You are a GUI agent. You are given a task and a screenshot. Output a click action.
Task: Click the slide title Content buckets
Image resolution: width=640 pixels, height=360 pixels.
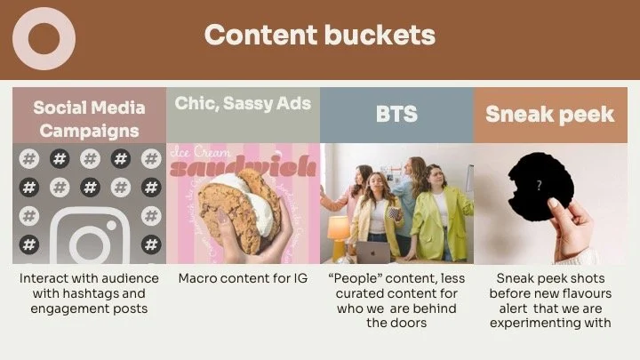(x=319, y=35)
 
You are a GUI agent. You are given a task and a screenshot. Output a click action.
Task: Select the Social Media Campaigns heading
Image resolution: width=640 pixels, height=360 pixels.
(x=89, y=119)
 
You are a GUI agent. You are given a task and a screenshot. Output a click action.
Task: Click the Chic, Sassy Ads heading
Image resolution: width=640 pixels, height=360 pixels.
(x=243, y=103)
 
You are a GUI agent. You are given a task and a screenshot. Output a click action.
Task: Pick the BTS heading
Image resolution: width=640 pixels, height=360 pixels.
(x=396, y=115)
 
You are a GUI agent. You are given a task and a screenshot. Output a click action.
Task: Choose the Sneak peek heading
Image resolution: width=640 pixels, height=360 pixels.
(x=549, y=114)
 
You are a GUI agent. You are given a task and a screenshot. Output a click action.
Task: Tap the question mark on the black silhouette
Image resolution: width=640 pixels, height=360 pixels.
(x=539, y=187)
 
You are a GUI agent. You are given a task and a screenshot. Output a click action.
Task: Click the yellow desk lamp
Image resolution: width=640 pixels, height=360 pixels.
(x=338, y=229)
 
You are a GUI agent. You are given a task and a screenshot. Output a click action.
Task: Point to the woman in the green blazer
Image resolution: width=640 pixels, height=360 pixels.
(x=437, y=218)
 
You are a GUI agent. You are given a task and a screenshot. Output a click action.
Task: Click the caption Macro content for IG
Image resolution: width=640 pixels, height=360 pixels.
(x=243, y=278)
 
